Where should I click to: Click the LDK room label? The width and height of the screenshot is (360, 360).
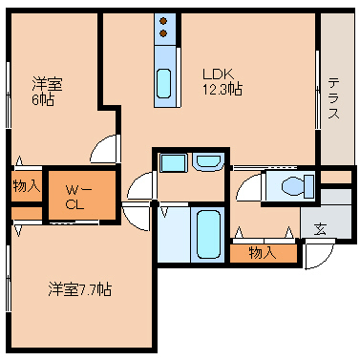(219, 74)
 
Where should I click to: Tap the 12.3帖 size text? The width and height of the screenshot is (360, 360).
(222, 89)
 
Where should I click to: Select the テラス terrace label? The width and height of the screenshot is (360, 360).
(334, 99)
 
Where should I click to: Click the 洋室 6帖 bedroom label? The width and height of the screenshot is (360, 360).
(47, 92)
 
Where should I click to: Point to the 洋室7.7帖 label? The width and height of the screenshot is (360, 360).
(80, 289)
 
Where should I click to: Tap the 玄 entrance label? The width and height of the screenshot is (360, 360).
(320, 229)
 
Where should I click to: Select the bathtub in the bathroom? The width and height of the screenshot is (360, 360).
(208, 235)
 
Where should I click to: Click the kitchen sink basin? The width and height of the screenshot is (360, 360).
(164, 84)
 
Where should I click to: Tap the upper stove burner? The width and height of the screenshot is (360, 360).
(163, 21)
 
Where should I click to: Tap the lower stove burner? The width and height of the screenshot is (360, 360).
(163, 33)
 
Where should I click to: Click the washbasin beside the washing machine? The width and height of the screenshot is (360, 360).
(208, 161)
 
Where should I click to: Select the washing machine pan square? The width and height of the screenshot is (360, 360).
(173, 163)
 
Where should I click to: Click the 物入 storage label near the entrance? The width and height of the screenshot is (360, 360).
(263, 253)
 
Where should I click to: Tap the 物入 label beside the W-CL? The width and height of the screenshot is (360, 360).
(27, 185)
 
